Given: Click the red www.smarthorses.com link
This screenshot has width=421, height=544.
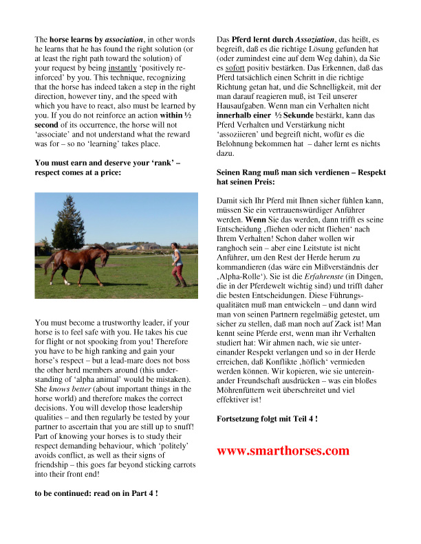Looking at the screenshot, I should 283,451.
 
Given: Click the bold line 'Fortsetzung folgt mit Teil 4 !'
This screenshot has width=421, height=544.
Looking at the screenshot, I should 268,418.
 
